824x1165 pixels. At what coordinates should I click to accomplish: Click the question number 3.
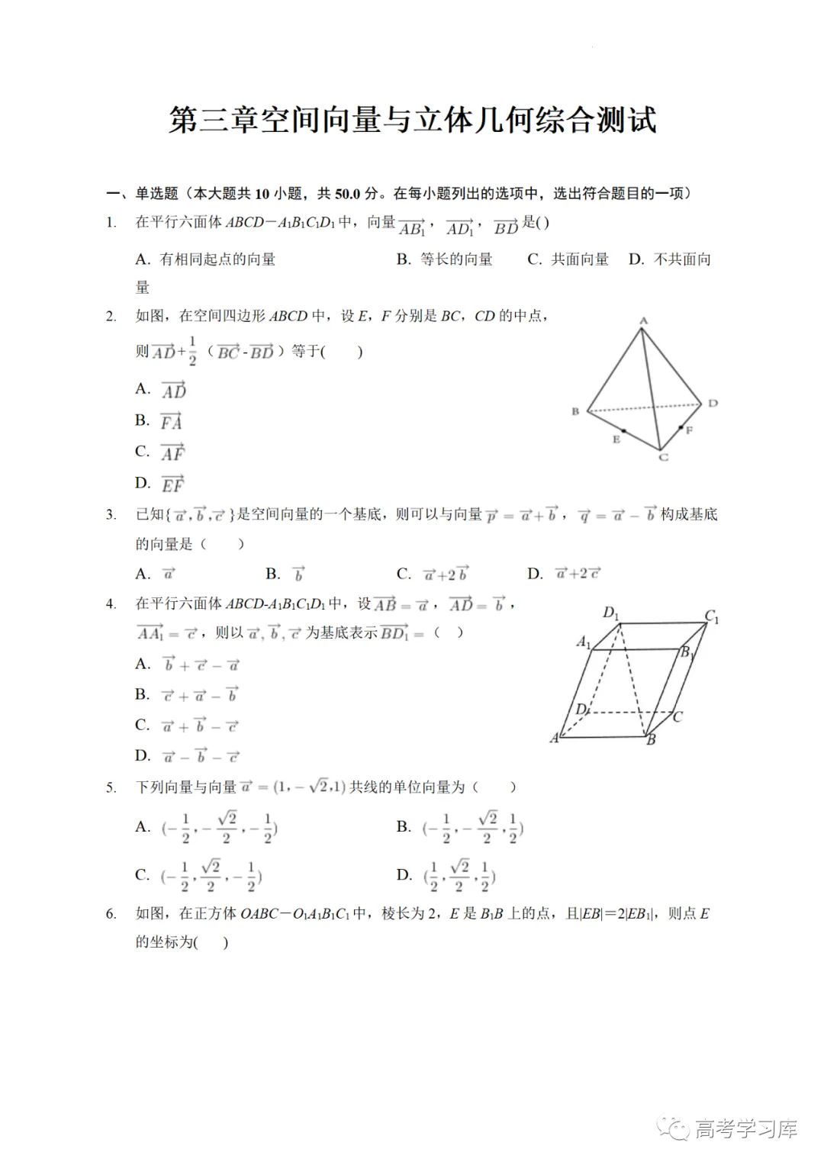click(x=111, y=515)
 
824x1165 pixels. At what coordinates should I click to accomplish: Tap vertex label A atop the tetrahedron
click(x=643, y=321)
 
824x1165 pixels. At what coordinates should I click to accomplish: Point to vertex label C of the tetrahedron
click(x=663, y=457)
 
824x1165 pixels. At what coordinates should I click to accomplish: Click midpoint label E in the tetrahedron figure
click(x=616, y=439)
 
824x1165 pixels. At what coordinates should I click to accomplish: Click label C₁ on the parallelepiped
click(x=711, y=616)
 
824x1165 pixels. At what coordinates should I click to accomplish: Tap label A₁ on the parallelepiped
click(x=584, y=642)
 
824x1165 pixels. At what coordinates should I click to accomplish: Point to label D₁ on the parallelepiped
click(x=611, y=613)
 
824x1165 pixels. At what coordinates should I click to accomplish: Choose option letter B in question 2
click(x=142, y=420)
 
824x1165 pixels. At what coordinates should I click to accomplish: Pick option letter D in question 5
click(x=404, y=875)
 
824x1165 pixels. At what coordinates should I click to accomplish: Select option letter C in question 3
click(x=404, y=574)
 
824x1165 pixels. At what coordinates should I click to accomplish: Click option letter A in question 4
click(x=143, y=665)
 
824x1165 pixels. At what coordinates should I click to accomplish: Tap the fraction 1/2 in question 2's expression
click(x=192, y=351)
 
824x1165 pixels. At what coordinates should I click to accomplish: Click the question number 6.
click(x=111, y=914)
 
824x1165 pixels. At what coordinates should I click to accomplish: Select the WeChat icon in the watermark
click(x=674, y=1128)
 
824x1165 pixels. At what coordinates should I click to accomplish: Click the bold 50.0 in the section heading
click(x=347, y=194)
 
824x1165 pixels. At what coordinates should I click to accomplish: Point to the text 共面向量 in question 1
click(x=580, y=259)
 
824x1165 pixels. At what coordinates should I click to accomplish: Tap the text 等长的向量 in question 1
click(x=456, y=259)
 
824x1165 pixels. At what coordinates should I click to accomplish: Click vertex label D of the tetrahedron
click(x=713, y=403)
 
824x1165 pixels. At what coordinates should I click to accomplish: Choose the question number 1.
click(x=111, y=223)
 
